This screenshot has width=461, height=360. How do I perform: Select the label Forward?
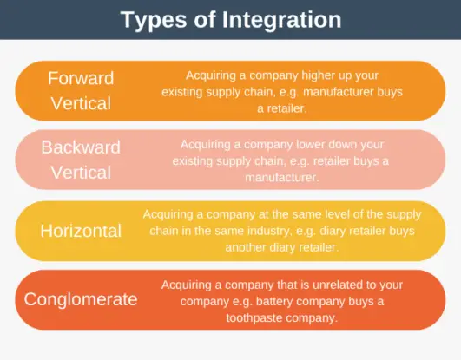[81, 78]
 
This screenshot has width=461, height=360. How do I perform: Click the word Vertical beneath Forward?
[81, 103]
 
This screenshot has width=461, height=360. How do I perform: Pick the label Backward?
[81, 147]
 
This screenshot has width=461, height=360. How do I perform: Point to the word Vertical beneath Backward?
[81, 172]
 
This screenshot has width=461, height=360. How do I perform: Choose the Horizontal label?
[81, 231]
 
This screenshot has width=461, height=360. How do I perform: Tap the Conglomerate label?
[81, 300]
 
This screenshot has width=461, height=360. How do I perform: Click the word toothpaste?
[267, 317]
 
